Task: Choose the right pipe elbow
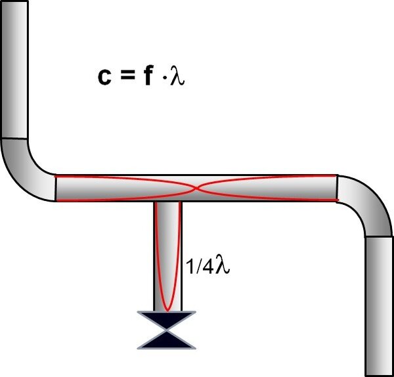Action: click(364, 204)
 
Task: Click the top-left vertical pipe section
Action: click(15, 69)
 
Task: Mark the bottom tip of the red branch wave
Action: click(167, 309)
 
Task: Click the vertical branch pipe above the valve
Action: click(167, 256)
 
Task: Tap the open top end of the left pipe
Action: click(15, 2)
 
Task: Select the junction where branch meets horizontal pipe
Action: click(167, 201)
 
